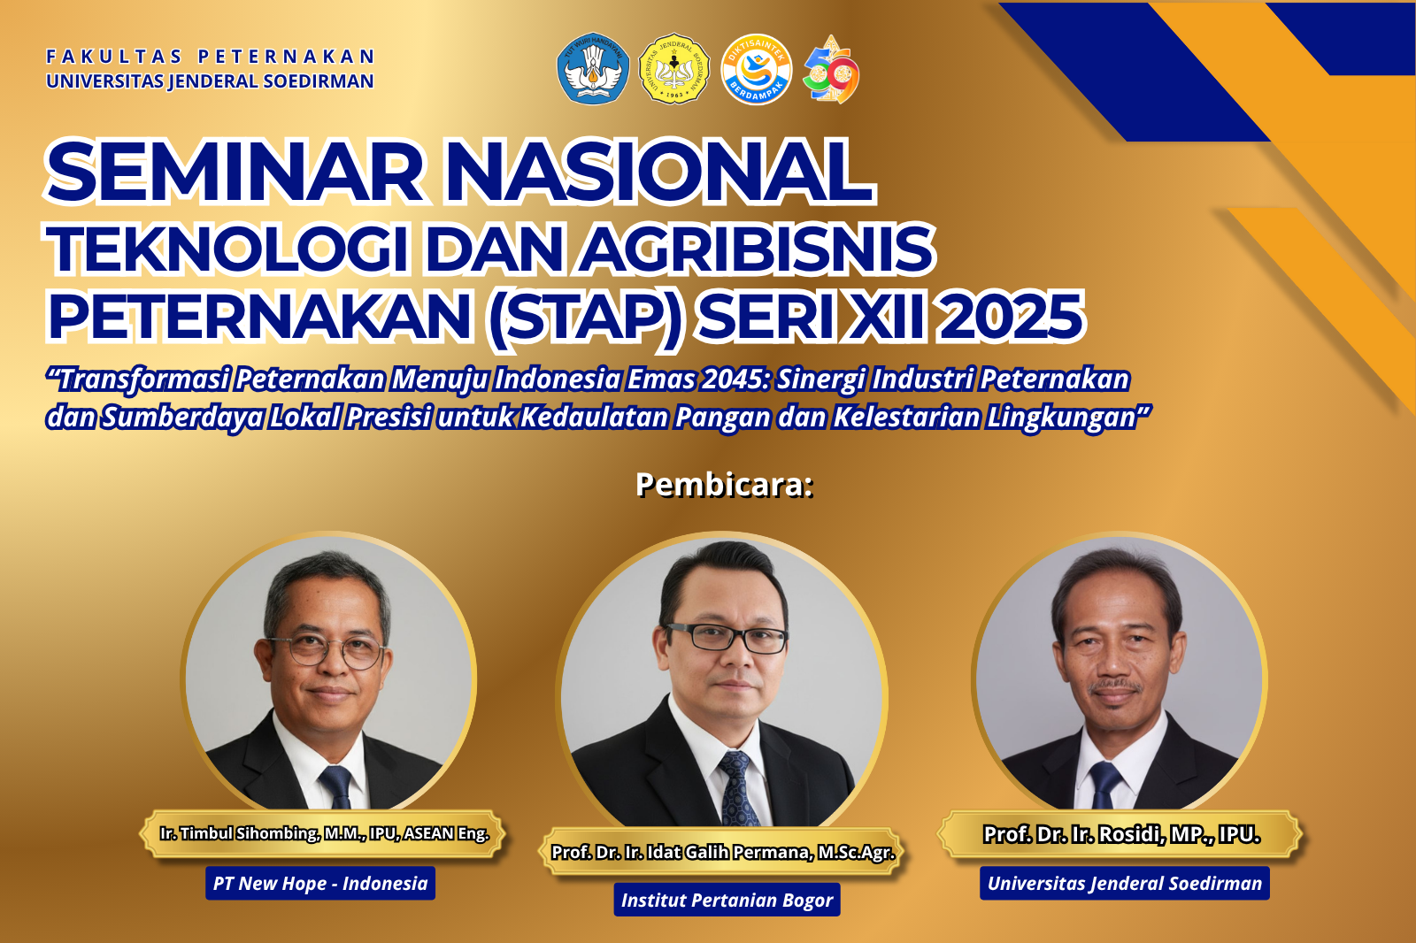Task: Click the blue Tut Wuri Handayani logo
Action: click(x=593, y=69)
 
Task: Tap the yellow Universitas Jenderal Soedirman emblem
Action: click(x=674, y=69)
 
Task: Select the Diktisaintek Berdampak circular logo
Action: click(x=756, y=69)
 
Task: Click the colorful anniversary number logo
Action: click(x=831, y=71)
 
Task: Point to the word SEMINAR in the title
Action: click(x=235, y=172)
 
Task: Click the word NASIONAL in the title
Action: click(x=658, y=172)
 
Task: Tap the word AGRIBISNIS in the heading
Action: click(x=757, y=249)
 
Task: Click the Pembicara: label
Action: click(x=724, y=485)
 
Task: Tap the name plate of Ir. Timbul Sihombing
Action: click(x=324, y=833)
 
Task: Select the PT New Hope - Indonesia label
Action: click(x=320, y=883)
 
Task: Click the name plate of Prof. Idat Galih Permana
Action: click(x=723, y=852)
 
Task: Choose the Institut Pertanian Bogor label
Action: click(x=727, y=901)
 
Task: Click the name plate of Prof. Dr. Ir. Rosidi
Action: click(x=1121, y=834)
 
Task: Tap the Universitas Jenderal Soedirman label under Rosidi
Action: click(x=1124, y=883)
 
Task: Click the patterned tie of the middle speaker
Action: click(x=736, y=787)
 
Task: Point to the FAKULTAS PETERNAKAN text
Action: click(x=211, y=57)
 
